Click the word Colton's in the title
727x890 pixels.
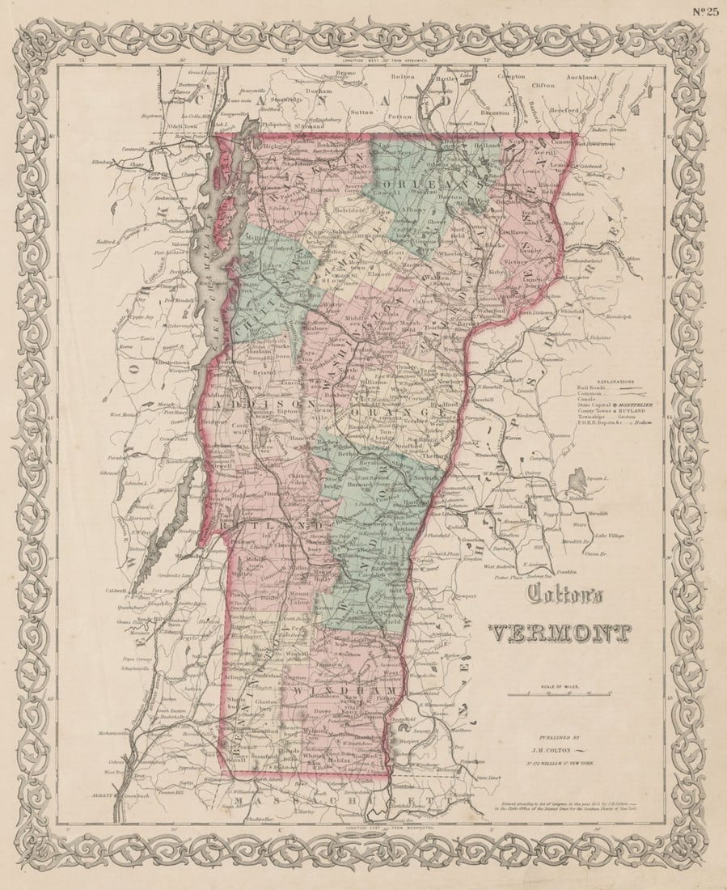click(565, 595)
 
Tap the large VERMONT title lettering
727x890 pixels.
click(560, 633)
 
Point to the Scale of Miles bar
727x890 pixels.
click(559, 694)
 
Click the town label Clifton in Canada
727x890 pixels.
click(543, 85)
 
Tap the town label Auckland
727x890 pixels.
click(581, 77)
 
